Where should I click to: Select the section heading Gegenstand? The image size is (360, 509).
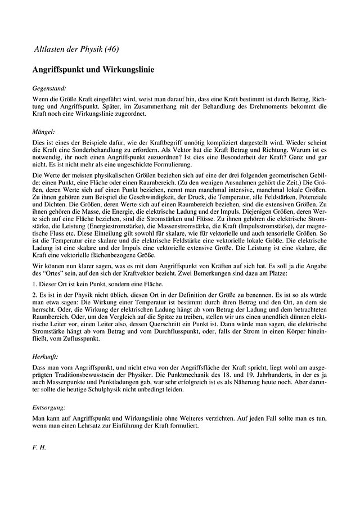pyautogui.click(x=50, y=88)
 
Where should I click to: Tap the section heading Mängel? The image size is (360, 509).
pyautogui.click(x=44, y=131)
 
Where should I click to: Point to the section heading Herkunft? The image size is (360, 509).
pyautogui.click(x=47, y=355)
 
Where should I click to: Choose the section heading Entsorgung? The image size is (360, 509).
pyautogui.click(x=50, y=406)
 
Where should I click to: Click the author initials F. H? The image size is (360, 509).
pyautogui.click(x=39, y=449)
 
